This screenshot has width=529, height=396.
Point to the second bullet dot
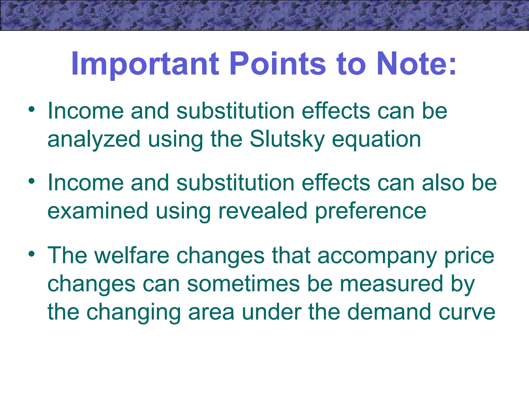coord(32,181)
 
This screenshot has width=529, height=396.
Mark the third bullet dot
coord(32,254)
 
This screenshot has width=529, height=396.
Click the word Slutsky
coord(287,139)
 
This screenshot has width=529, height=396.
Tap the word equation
coord(376,139)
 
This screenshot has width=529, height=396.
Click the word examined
coord(98,211)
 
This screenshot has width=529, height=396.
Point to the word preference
coord(371,211)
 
